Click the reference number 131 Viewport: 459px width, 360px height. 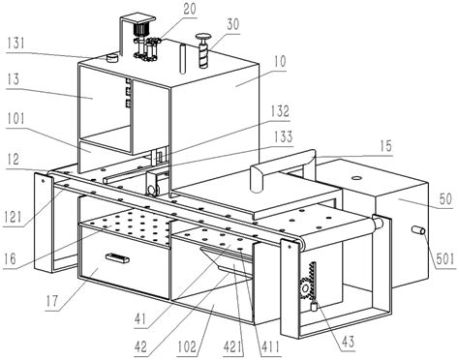coord(15,43)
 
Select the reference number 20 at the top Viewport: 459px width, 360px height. coord(190,9)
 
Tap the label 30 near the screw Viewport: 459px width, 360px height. coord(232,24)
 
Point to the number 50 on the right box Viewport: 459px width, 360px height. coord(445,199)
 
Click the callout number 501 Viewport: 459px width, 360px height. coord(445,259)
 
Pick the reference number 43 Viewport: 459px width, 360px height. coord(348,342)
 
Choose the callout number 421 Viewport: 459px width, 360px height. coord(233,346)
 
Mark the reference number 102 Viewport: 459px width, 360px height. coord(187,346)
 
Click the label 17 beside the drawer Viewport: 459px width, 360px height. coord(51,301)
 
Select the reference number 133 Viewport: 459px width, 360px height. coord(283,137)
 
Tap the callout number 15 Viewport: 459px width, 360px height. coord(385,146)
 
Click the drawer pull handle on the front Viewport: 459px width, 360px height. coord(118,258)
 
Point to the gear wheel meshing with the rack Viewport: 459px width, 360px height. coord(305,286)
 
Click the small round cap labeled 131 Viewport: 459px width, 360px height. coord(112,58)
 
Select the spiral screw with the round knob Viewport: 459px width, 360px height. coord(203,50)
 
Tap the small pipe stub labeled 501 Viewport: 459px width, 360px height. coord(418,230)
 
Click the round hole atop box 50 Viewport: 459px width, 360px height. coord(356,178)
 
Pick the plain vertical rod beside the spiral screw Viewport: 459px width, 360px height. coord(183,59)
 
